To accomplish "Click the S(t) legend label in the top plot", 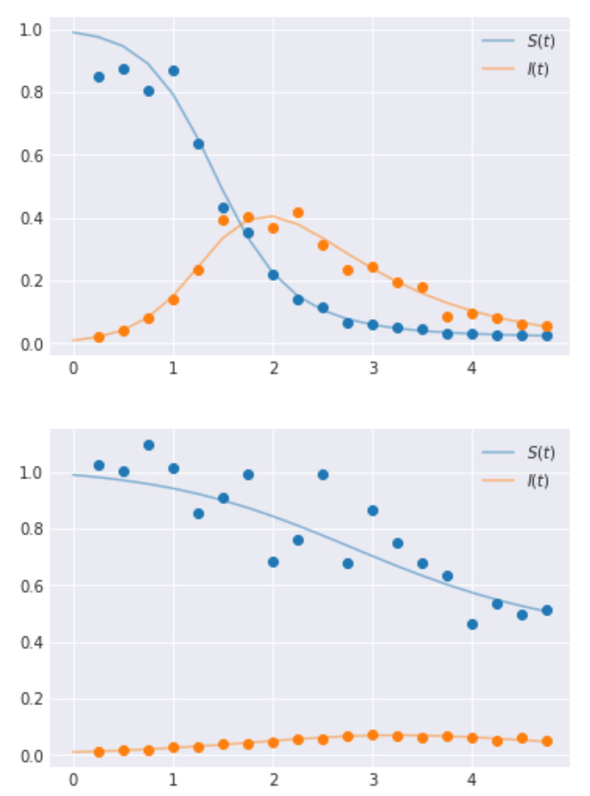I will point(540,42).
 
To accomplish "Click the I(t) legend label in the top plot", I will point(538,69).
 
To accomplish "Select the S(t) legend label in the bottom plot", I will point(540,453).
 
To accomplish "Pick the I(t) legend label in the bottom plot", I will point(538,480).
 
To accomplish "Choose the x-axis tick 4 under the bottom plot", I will point(472,779).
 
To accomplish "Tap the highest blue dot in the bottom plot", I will point(149,445).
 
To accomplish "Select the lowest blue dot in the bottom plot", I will point(472,624).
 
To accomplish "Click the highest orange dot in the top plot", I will point(298,213).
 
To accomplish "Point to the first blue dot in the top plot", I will point(99,77).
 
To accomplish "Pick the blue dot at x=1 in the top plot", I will point(174,71).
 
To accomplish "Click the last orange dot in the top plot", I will point(547,326).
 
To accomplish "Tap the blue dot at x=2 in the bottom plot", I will point(273,562).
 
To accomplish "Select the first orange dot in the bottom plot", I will point(99,752).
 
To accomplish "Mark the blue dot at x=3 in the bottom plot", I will point(373,511).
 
